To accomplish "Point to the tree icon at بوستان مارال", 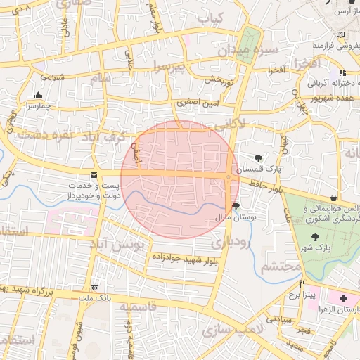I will pyautogui.click(x=235, y=207).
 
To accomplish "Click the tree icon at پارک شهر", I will pyautogui.click(x=314, y=237).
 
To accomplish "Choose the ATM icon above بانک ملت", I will pyautogui.click(x=95, y=288).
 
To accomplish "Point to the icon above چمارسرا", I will pyautogui.click(x=37, y=95).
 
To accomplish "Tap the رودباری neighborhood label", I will pyautogui.click(x=229, y=243).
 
